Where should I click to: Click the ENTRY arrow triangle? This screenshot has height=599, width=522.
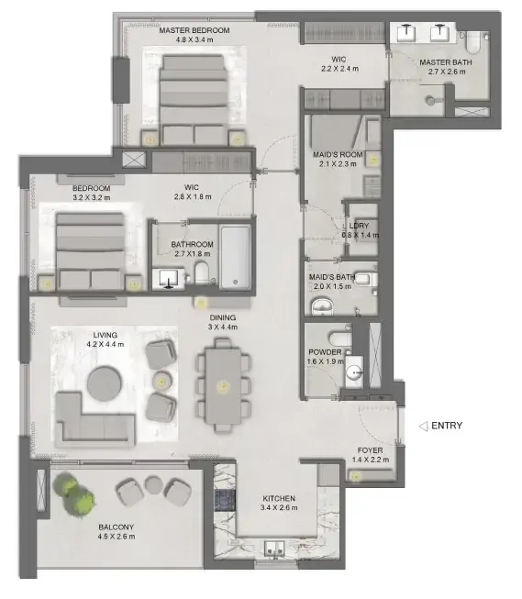(423, 426)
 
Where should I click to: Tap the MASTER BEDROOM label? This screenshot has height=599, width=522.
(194, 30)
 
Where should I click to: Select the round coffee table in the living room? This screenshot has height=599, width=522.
(105, 383)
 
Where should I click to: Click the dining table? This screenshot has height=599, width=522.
(223, 385)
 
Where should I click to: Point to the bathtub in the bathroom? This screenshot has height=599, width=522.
(236, 258)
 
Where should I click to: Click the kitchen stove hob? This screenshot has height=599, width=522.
(225, 501)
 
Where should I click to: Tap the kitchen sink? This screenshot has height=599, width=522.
(275, 549)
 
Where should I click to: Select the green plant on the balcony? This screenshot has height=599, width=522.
(73, 493)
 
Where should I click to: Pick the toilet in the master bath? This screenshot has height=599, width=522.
(473, 43)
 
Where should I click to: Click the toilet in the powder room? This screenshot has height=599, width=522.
(340, 338)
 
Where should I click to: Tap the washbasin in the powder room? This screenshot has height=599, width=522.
(355, 372)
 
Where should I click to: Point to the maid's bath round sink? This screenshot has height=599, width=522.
(323, 306)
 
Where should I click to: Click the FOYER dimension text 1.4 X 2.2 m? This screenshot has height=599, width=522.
(371, 460)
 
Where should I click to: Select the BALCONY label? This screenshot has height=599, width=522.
(117, 527)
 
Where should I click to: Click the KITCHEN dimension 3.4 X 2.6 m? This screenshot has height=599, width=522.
(279, 507)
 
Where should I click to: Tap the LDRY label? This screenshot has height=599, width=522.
(359, 226)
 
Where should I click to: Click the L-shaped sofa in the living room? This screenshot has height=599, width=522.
(94, 419)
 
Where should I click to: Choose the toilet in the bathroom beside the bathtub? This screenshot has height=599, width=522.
(202, 272)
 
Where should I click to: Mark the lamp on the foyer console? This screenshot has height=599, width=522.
(356, 476)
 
